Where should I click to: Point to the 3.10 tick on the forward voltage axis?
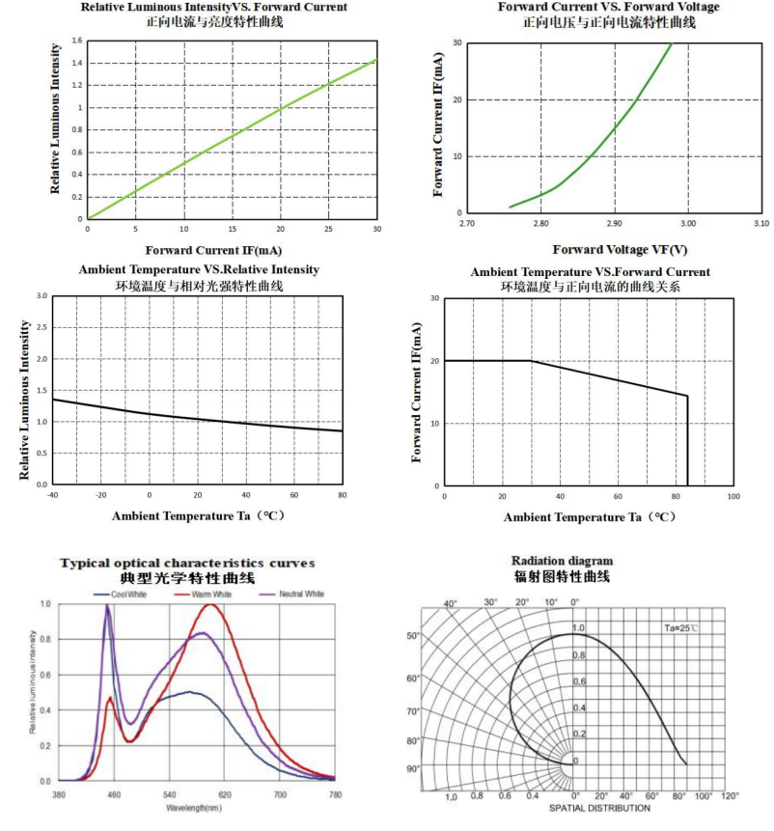click(760, 224)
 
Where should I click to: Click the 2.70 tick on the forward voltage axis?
click(468, 224)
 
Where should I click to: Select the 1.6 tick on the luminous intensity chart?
click(76, 41)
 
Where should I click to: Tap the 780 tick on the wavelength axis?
click(334, 794)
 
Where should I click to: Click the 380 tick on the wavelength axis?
click(59, 794)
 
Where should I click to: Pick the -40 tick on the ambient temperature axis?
click(51, 495)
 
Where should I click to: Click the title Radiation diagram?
click(562, 561)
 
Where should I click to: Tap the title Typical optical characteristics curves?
click(187, 563)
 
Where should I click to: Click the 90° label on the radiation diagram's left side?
click(412, 768)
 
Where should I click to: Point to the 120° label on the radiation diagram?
click(731, 795)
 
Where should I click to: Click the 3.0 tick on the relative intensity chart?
click(41, 296)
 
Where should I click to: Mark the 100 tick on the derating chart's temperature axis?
click(733, 496)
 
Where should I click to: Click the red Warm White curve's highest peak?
click(209, 605)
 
